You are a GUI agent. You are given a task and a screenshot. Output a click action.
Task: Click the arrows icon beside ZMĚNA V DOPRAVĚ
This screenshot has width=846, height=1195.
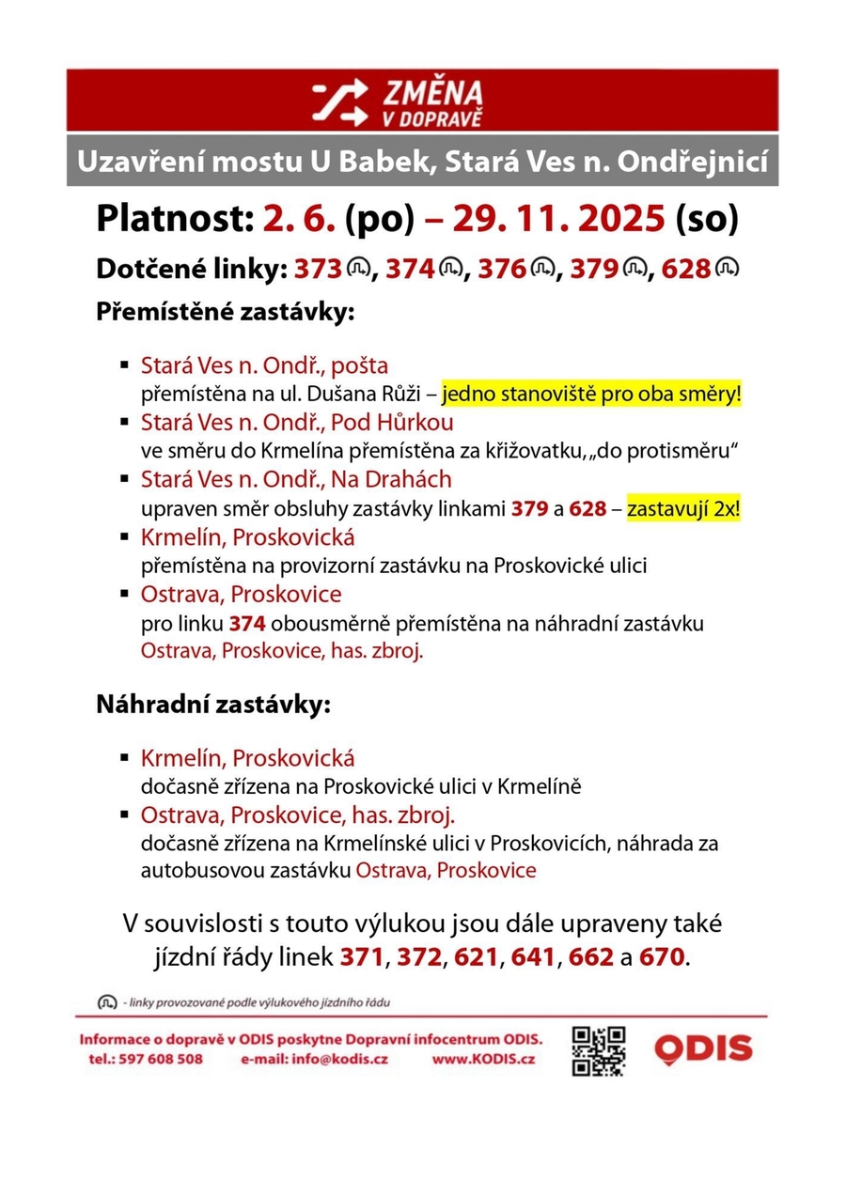[x=340, y=101]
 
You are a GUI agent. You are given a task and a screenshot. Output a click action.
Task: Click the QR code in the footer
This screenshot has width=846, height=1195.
[x=599, y=1049]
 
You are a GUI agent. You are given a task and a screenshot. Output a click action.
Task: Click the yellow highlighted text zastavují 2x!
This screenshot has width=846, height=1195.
[x=683, y=512]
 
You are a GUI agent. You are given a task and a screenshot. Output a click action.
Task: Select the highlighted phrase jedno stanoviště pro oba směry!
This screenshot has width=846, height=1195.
[x=591, y=395]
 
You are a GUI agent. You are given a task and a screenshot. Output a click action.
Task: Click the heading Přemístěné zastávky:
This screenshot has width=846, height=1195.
[x=225, y=311]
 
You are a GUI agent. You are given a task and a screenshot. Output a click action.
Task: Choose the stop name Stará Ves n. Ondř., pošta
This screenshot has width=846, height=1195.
[x=264, y=365]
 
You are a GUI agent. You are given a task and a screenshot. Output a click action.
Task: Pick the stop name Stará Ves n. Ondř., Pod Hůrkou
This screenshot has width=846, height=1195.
[x=297, y=421]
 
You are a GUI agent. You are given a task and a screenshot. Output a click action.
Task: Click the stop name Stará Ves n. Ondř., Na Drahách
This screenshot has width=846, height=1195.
[x=296, y=479]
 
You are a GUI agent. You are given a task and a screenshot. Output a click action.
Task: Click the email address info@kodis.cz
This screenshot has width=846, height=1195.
[x=342, y=1059]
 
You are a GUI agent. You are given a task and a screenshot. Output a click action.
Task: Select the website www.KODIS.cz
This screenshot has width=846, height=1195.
[x=484, y=1059]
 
